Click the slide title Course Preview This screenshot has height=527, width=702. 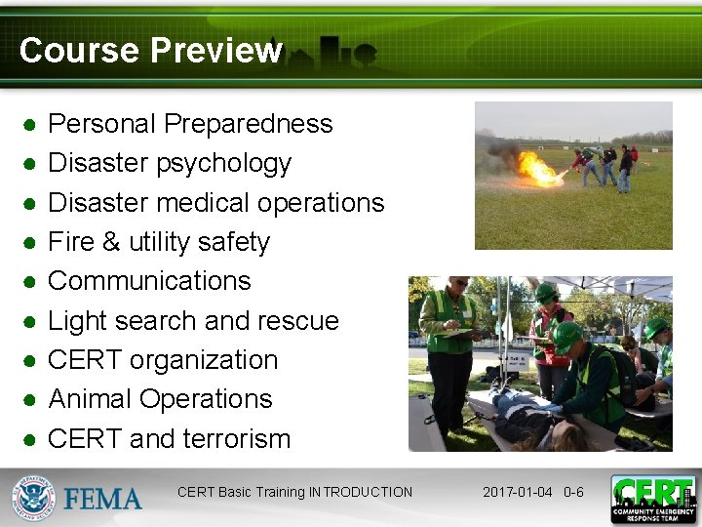pos(150,50)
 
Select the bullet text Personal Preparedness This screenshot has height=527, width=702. pos(190,124)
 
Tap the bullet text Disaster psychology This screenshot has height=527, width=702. pos(170,163)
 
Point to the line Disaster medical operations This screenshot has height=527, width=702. pos(215,203)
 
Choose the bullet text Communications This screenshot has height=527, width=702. pos(149,281)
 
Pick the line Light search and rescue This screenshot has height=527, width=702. pos(193,321)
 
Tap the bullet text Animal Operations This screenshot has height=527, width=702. pos(160,399)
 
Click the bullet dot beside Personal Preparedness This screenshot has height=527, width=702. pos(30,125)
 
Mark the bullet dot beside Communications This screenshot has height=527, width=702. pos(30,282)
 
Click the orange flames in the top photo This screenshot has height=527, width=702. pos(538,169)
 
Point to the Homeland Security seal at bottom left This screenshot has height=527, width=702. pos(33,499)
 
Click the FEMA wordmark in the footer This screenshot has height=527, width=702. pos(102,499)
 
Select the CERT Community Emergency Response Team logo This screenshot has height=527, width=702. pos(652,499)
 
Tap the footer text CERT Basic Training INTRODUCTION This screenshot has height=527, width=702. pos(294,492)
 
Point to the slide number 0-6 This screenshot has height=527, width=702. pos(573,492)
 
